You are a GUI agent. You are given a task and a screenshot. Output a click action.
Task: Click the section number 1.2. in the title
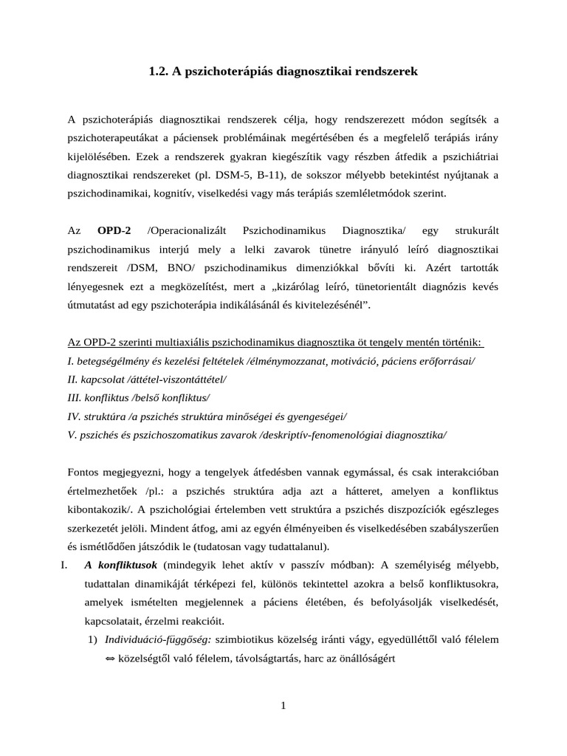(159, 72)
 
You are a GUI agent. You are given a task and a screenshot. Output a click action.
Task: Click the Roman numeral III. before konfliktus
(75, 398)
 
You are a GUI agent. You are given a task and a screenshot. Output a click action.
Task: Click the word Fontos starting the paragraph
(84, 472)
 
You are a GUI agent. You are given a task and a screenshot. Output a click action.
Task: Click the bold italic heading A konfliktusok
(122, 566)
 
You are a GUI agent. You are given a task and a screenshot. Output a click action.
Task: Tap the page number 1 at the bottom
(283, 706)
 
